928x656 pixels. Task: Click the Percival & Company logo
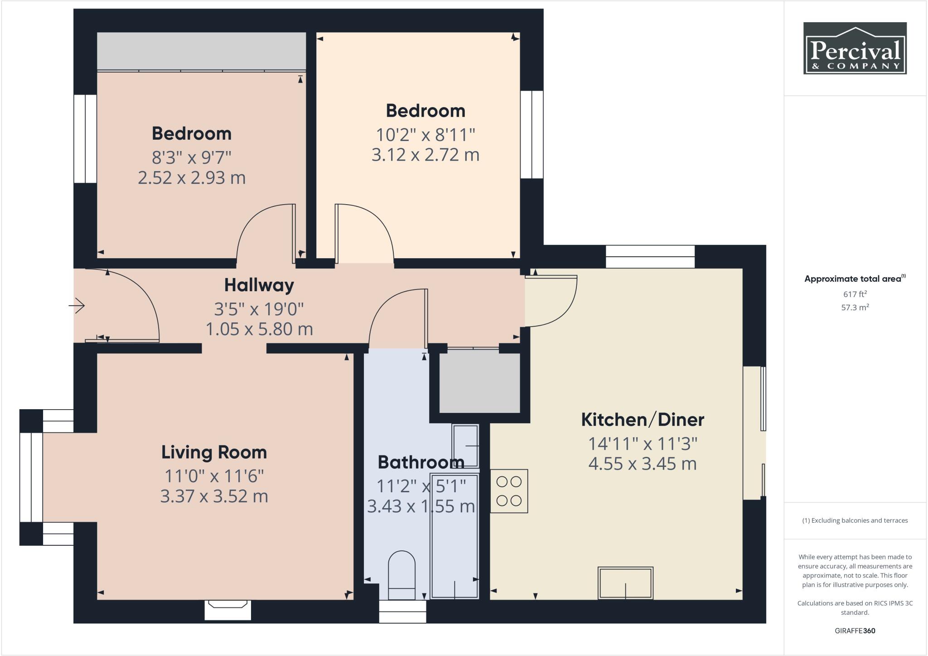[x=855, y=48]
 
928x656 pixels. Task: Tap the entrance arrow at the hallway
[x=77, y=306]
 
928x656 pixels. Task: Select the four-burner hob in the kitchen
[x=509, y=491]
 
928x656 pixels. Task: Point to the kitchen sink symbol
[x=625, y=583]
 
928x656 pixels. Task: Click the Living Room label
[x=214, y=452]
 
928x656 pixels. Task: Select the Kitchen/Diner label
[x=642, y=420]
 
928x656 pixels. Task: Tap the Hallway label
[x=259, y=285]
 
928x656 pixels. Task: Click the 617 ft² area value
[x=855, y=294]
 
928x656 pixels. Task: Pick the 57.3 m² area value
[x=855, y=308]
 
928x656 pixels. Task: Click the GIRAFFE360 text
[x=855, y=631]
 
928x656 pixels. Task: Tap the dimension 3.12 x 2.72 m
[x=425, y=155]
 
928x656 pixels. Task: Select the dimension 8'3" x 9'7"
[x=191, y=158]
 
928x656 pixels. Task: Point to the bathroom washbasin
[x=465, y=446]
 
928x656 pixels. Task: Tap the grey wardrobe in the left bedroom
[x=201, y=51]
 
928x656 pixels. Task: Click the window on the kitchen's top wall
[x=650, y=257]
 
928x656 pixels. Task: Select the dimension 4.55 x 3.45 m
[x=642, y=464]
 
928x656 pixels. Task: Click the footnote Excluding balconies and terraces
[x=855, y=520]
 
